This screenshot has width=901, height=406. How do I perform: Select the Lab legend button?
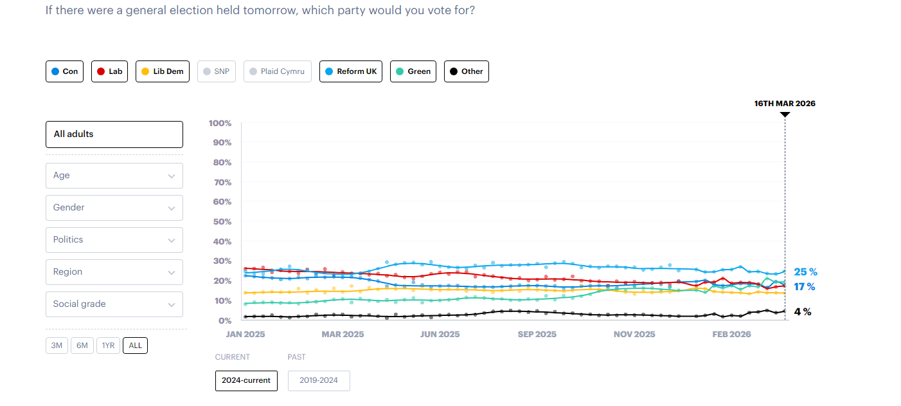tap(109, 71)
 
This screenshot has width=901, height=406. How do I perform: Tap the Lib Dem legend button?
tap(163, 71)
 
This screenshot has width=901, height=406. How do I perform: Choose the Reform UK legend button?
tap(350, 71)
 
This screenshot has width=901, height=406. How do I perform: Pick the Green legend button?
tap(413, 71)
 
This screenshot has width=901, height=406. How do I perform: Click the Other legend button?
tap(466, 71)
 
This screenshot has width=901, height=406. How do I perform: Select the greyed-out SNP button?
tap(217, 71)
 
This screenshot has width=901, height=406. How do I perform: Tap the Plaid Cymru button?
tap(277, 71)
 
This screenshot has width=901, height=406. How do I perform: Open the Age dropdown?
tap(114, 176)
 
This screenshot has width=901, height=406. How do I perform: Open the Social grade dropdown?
tap(114, 304)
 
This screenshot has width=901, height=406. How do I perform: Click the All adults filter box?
tap(114, 134)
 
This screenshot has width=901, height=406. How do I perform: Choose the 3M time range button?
tap(57, 346)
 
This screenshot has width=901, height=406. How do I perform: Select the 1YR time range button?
tap(108, 346)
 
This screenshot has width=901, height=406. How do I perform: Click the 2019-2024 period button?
tap(319, 380)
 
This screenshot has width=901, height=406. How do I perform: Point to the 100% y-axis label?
tap(220, 123)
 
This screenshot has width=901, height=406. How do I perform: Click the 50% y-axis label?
tap(221, 222)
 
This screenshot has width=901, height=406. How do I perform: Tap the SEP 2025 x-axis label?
tap(537, 335)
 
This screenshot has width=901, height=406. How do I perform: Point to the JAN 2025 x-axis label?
tap(245, 335)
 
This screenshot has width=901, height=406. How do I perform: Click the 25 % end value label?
tap(805, 272)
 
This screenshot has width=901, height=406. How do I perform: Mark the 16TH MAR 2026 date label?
tap(785, 104)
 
